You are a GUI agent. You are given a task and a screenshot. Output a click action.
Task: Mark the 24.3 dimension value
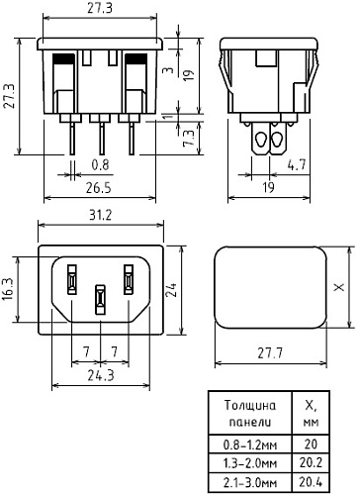point(100,375)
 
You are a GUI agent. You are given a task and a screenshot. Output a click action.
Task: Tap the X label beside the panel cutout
point(339,288)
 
